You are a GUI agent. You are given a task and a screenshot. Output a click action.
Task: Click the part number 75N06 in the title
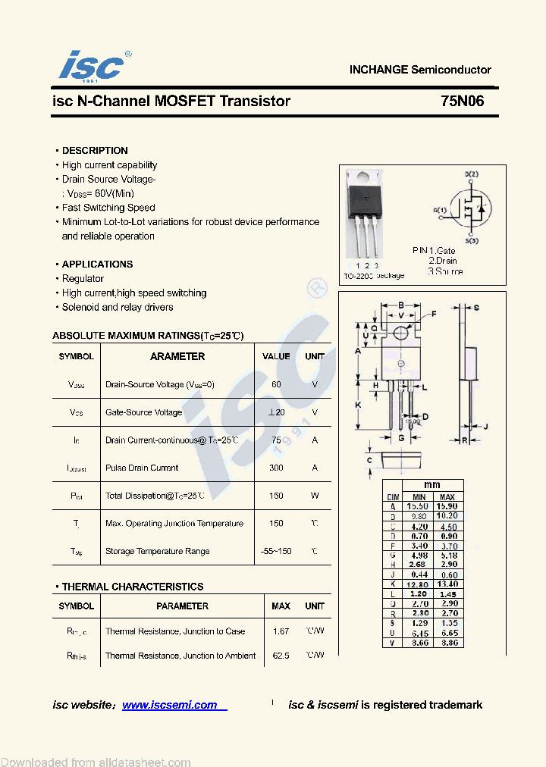(x=462, y=102)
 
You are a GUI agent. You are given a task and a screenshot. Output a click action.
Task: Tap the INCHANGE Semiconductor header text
(x=419, y=70)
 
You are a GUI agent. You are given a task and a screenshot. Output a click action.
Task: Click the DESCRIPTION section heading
(x=95, y=151)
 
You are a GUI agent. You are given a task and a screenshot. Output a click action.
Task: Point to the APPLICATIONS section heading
(x=97, y=265)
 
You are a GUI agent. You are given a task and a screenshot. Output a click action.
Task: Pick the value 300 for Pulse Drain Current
(x=276, y=468)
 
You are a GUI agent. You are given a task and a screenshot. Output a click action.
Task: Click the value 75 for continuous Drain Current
(x=276, y=440)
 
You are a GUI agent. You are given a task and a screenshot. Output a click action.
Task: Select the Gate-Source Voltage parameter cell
(x=144, y=412)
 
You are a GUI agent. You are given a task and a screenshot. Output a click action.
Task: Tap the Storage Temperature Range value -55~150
(x=276, y=551)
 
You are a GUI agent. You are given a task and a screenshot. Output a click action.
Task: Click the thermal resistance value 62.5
(x=281, y=656)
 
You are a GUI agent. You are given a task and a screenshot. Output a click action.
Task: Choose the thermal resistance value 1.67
(x=281, y=631)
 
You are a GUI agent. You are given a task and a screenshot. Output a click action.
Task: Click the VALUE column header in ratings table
(x=276, y=356)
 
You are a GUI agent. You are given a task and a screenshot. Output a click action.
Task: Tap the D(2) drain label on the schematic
(x=471, y=174)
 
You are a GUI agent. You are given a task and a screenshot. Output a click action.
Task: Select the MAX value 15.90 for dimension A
(x=447, y=506)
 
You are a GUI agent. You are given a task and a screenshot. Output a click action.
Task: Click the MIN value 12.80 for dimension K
(x=417, y=584)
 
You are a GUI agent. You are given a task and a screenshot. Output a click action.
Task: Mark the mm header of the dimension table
(x=432, y=485)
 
